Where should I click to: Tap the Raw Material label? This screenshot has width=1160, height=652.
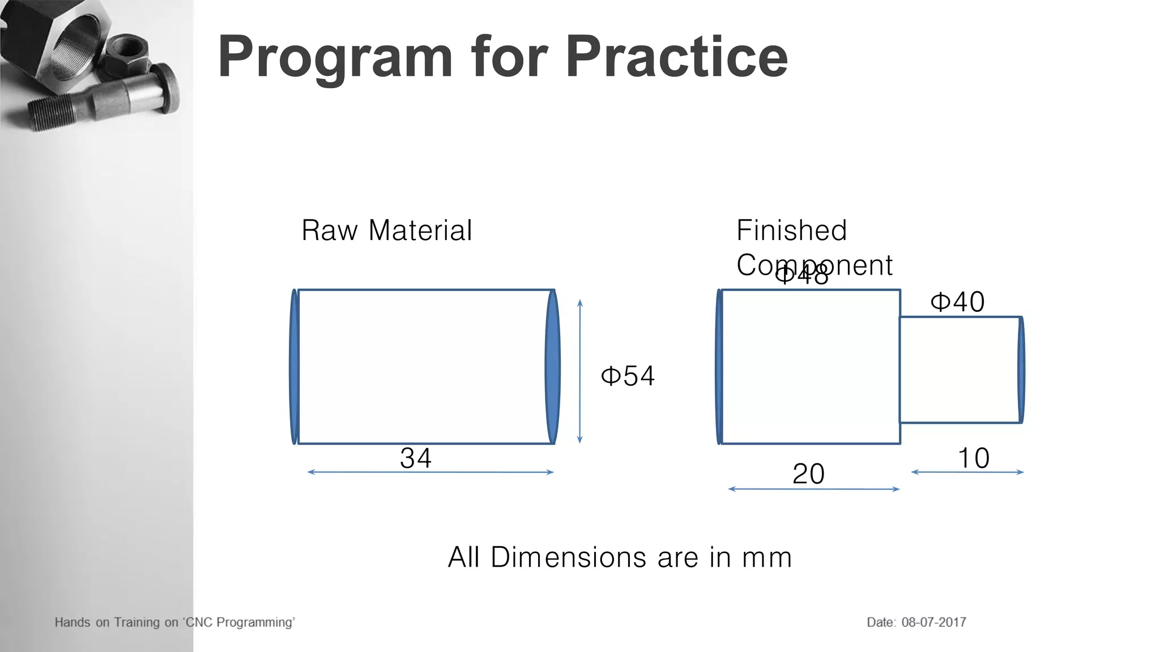tap(386, 230)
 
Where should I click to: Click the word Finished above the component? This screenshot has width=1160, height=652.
tap(791, 230)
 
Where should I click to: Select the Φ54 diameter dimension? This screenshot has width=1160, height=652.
tap(628, 376)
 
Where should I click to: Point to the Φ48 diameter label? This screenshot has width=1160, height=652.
tap(801, 276)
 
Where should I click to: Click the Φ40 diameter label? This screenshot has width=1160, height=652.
tap(957, 302)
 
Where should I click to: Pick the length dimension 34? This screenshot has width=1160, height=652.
tap(416, 457)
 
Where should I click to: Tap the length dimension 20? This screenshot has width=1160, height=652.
tap(808, 473)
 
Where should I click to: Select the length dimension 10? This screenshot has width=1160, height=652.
tap(973, 457)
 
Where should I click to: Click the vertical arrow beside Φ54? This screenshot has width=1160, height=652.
tap(579, 371)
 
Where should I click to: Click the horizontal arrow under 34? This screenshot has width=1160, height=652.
tap(430, 472)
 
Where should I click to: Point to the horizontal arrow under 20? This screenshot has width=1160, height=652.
tap(813, 489)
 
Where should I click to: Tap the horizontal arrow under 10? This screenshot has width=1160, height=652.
tap(967, 472)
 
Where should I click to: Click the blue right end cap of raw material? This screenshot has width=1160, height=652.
tap(552, 367)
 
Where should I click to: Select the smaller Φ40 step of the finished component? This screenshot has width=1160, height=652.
tap(959, 370)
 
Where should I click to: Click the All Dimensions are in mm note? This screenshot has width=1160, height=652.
tap(620, 557)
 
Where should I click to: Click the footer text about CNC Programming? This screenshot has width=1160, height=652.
tap(174, 622)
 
